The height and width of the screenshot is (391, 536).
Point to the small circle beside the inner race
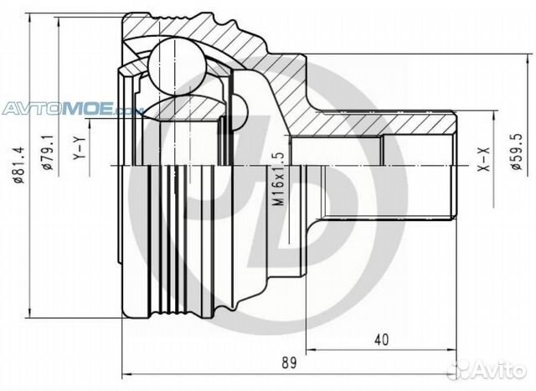[x=237, y=108]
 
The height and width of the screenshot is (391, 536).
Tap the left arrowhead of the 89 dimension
[x=126, y=373]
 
